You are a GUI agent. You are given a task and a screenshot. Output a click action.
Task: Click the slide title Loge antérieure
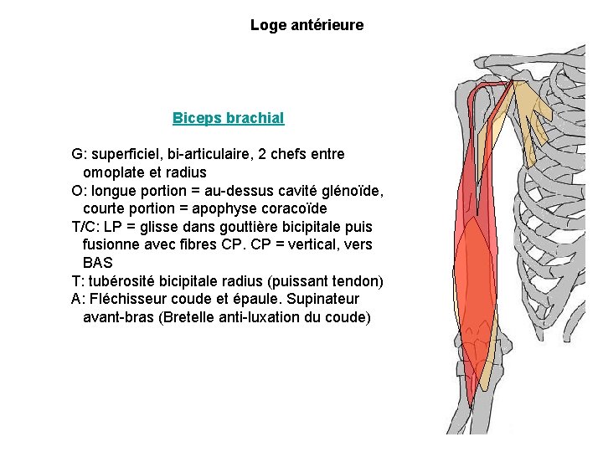pyautogui.click(x=307, y=25)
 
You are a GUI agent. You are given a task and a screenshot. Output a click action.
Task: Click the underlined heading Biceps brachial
pyautogui.click(x=228, y=118)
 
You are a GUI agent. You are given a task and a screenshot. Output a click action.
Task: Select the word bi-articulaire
pyautogui.click(x=209, y=155)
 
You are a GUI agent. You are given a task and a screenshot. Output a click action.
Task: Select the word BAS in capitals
pyautogui.click(x=97, y=263)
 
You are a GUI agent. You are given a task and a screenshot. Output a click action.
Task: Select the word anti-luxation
pyautogui.click(x=256, y=317)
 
